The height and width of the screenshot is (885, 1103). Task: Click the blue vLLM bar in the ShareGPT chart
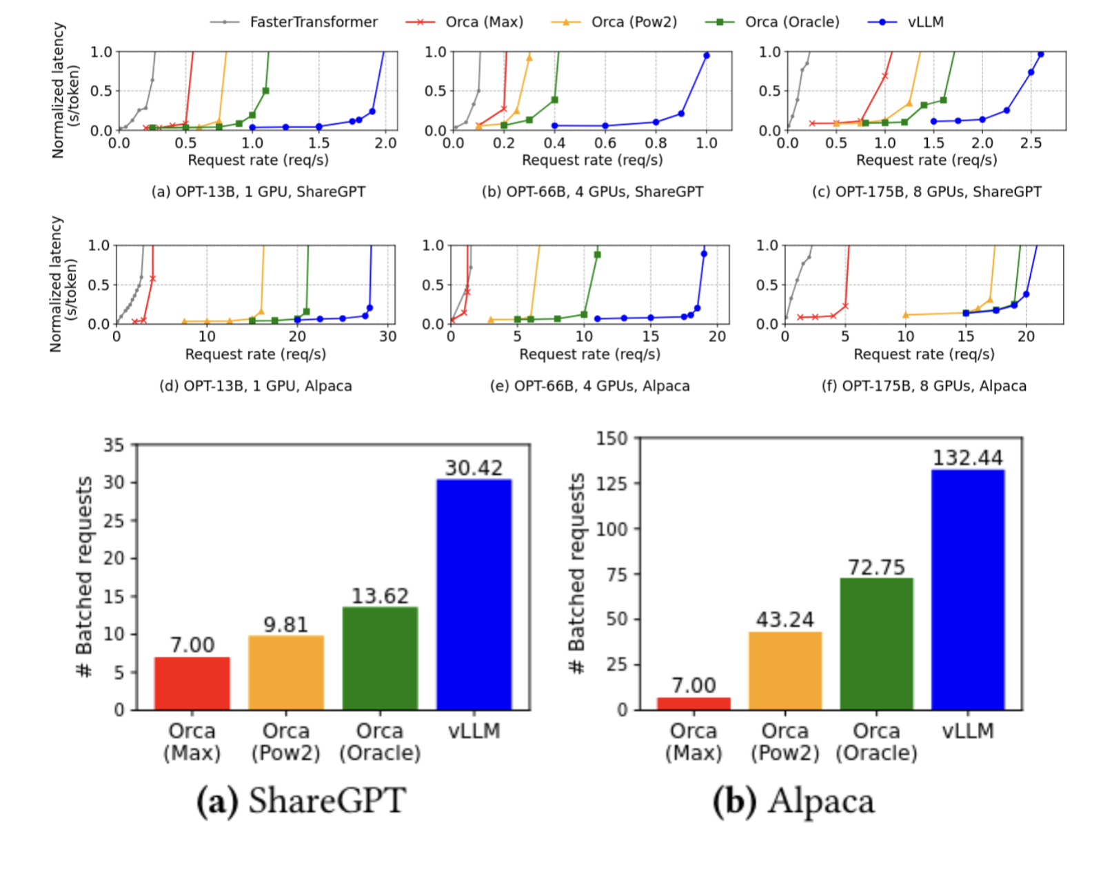[x=474, y=594]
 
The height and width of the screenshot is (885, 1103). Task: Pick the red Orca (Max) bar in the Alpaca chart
[x=694, y=703]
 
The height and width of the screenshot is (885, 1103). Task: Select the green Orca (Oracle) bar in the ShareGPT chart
[x=380, y=658]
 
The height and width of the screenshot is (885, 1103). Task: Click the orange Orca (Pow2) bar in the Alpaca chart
[x=785, y=671]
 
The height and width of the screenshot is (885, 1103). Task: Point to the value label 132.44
[x=967, y=458]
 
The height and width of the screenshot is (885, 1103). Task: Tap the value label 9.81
[x=285, y=624]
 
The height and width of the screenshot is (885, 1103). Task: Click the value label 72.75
[x=876, y=567]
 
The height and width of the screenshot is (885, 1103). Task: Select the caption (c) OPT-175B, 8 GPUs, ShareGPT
[x=927, y=192]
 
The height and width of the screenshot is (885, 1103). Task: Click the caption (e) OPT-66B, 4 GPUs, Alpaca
[x=589, y=386]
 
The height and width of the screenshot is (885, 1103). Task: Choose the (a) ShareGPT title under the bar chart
[x=301, y=802]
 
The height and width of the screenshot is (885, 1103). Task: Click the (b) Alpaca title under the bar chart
[x=793, y=802]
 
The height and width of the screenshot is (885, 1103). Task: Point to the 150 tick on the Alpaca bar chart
[x=612, y=438]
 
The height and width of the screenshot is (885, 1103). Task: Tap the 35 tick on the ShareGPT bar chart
[x=114, y=445]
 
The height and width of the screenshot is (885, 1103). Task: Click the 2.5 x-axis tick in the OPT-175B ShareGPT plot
[x=1031, y=143]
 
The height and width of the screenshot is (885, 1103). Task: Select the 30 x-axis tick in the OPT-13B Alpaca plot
[x=388, y=336]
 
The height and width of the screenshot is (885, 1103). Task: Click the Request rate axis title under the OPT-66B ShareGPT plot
[x=592, y=161]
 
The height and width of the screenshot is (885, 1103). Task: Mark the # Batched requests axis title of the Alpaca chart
[x=576, y=573]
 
